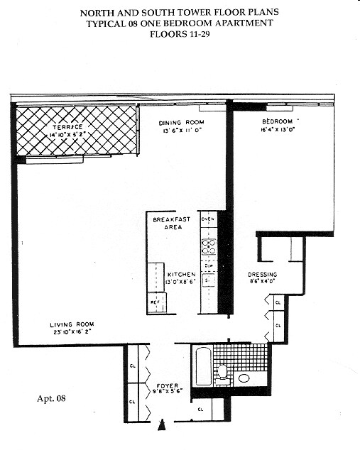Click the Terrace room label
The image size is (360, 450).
(67, 127)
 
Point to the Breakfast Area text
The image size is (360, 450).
(172, 224)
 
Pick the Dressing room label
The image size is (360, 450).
(262, 275)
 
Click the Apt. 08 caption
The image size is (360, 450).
(51, 398)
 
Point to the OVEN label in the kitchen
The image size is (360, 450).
(208, 219)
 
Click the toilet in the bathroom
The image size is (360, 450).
(222, 371)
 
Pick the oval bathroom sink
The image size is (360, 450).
(244, 378)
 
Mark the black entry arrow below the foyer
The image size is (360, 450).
(163, 425)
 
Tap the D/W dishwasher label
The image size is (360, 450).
(208, 266)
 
